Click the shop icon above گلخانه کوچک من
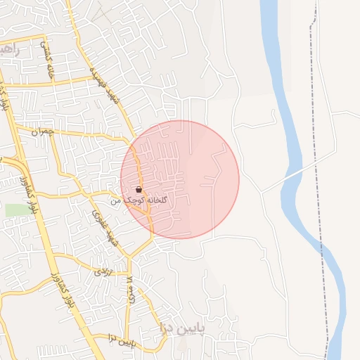(138, 190)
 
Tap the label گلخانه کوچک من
(141, 200)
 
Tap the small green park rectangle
(15, 210)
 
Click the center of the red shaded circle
(180, 179)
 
